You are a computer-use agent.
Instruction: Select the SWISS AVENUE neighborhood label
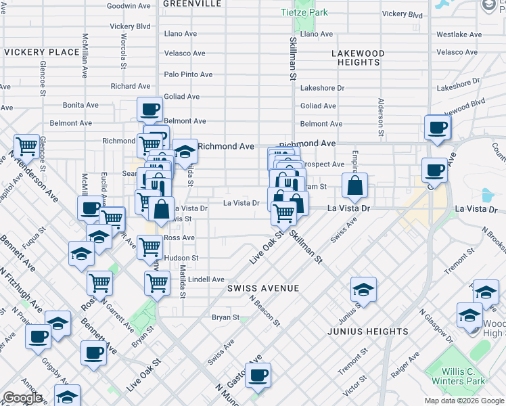[x=263, y=288]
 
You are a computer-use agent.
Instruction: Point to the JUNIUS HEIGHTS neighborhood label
[x=367, y=332]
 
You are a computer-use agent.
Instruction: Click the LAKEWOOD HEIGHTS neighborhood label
[x=358, y=58]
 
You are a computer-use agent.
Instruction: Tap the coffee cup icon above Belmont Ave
[x=149, y=109]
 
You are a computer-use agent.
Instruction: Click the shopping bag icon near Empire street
[x=354, y=185]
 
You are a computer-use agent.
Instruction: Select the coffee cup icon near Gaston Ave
[x=257, y=376]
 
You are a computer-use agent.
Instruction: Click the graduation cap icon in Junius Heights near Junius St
[x=363, y=290]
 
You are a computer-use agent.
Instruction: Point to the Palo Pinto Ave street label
[x=189, y=74]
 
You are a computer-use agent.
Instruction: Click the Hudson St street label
[x=181, y=258]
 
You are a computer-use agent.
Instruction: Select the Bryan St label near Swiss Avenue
[x=226, y=317]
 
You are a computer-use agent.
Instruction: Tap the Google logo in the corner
[x=22, y=398]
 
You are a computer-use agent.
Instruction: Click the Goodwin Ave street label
[x=129, y=5]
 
